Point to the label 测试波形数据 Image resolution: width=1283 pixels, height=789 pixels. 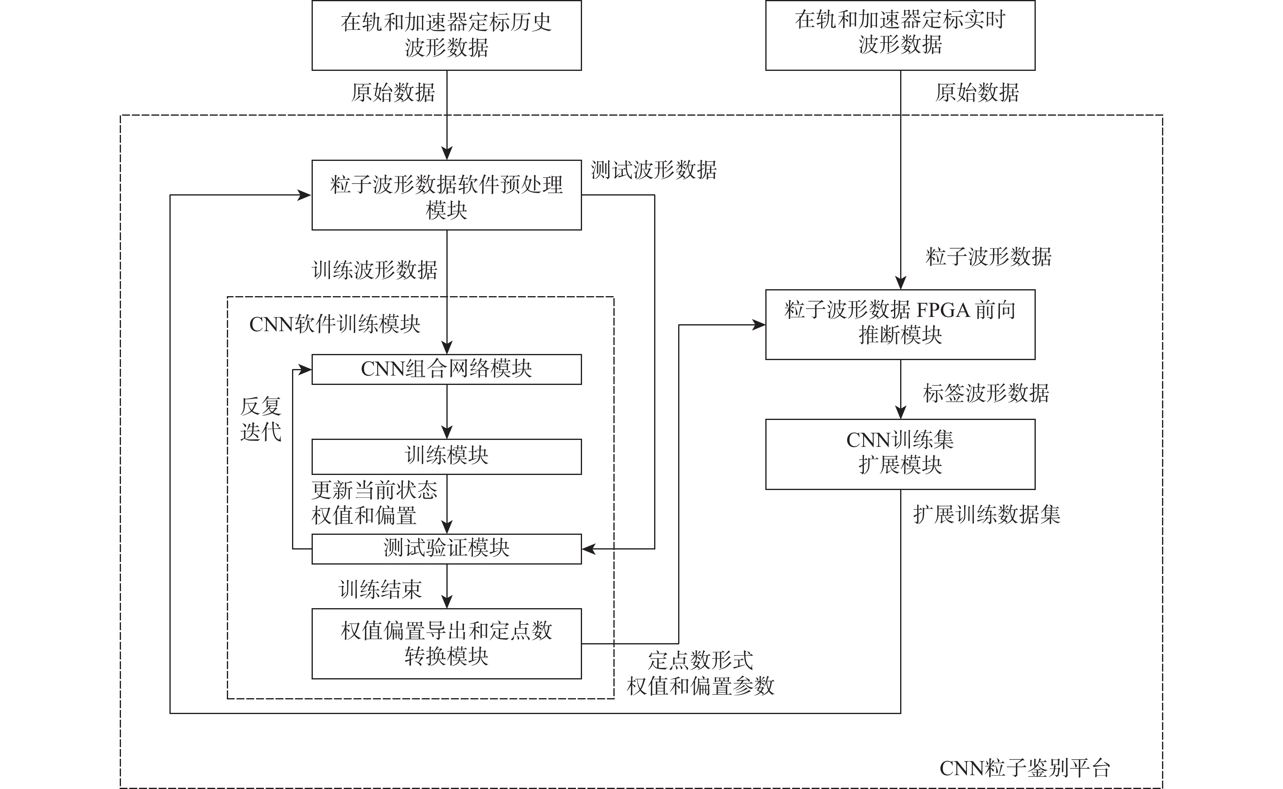click(653, 170)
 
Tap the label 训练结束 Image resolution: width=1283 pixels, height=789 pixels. click(380, 590)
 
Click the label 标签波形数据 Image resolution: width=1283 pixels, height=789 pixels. click(986, 393)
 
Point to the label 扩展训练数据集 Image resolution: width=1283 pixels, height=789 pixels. click(986, 515)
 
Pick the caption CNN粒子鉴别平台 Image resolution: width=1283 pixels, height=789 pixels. click(1024, 768)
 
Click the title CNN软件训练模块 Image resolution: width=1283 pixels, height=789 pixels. click(334, 325)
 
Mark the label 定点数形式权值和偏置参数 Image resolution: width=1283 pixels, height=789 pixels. click(700, 674)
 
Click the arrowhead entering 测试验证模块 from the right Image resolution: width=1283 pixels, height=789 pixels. click(588, 549)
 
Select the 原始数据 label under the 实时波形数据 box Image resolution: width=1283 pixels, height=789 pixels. click(977, 93)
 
